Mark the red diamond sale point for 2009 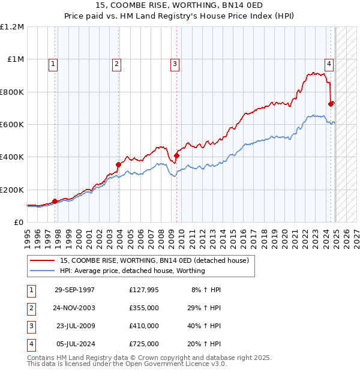click(176, 156)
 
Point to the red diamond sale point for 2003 click(119, 164)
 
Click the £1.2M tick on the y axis click(12, 27)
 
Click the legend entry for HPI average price click(132, 271)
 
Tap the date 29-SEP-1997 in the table click(74, 290)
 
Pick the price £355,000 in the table click(144, 308)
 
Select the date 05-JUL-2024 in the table click(74, 344)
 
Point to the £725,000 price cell click(144, 344)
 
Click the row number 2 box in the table click(29, 308)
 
